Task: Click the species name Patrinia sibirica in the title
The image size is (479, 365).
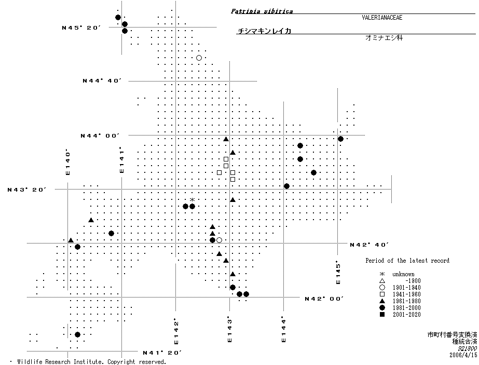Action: point(262,11)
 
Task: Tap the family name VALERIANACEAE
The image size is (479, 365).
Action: point(382,18)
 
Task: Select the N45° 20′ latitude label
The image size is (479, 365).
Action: point(81,28)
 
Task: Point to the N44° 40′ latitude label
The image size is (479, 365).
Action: point(102,81)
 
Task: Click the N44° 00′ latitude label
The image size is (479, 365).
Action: point(100,136)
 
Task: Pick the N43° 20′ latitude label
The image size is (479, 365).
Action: point(26,190)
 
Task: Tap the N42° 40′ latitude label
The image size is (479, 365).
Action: point(369,245)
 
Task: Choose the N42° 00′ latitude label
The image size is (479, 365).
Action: point(324,299)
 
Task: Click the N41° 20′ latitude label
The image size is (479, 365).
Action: point(162,353)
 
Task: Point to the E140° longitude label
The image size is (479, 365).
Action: point(68,162)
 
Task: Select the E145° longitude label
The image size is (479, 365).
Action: point(338,272)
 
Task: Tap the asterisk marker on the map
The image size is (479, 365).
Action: point(192,200)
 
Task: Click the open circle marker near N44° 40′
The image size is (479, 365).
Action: point(199,58)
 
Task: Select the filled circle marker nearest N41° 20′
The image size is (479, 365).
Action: point(78,335)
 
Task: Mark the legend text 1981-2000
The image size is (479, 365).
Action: point(406,308)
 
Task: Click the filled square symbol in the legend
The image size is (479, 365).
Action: point(382,315)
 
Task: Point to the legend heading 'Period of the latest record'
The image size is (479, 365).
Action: point(407,261)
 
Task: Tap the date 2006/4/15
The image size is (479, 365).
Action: point(463,355)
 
